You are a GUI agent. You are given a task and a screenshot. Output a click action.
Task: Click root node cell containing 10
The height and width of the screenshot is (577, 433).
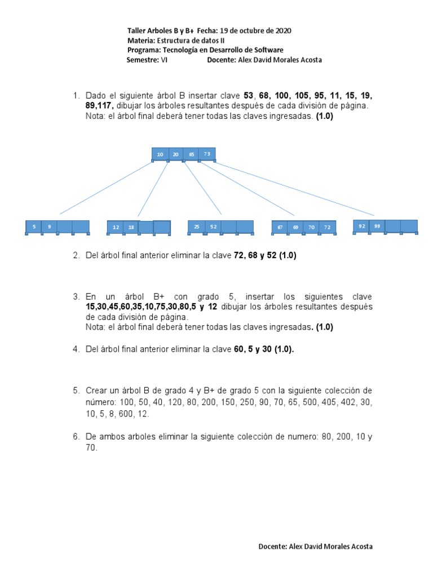(160, 154)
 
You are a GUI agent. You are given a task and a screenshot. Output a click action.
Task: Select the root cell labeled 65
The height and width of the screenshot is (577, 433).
(191, 154)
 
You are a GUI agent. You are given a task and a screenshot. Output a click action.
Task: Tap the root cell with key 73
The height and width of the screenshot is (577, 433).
(207, 154)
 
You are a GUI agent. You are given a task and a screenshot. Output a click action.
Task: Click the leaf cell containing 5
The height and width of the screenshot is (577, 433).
(34, 227)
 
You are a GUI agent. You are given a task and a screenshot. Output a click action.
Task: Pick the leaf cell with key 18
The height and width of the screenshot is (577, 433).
(131, 227)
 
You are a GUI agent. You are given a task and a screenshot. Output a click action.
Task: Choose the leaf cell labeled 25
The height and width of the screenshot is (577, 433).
(196, 227)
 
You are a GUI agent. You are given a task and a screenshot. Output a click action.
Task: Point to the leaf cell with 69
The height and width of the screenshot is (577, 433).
(295, 227)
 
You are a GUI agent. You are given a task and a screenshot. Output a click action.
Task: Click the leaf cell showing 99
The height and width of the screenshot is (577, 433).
(377, 226)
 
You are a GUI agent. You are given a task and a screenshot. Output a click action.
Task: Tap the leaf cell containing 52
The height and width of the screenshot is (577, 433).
(213, 227)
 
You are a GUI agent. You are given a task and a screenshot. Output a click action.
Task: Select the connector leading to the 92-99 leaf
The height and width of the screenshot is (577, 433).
(293, 189)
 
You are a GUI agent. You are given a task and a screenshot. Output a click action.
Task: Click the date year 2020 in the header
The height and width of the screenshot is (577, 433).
(282, 30)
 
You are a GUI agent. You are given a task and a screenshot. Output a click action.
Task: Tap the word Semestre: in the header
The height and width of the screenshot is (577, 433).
(143, 60)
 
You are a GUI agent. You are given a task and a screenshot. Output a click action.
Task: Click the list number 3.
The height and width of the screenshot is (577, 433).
(76, 296)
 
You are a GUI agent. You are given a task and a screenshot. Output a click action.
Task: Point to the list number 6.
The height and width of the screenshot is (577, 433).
(76, 436)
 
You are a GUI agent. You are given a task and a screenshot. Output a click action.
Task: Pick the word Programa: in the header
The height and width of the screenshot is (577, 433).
(145, 50)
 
